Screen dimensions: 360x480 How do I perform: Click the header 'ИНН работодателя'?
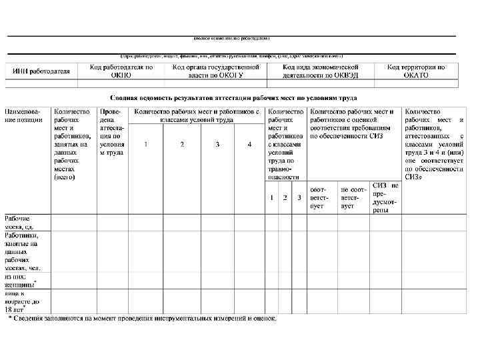(x=38, y=71)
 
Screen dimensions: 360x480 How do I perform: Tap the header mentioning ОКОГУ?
(x=215, y=71)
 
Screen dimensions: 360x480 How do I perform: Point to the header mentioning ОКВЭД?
(x=320, y=71)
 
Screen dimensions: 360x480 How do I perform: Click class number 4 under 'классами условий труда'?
(x=249, y=144)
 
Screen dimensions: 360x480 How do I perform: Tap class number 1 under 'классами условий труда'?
(x=146, y=144)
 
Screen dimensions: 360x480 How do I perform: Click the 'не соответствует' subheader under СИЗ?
(x=353, y=197)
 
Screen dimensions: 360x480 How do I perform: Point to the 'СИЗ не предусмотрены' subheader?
(x=385, y=197)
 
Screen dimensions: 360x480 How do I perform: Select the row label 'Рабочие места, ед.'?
(x=26, y=223)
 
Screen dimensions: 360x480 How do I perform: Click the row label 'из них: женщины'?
(x=25, y=280)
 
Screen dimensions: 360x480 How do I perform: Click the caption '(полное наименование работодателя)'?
(x=231, y=39)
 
